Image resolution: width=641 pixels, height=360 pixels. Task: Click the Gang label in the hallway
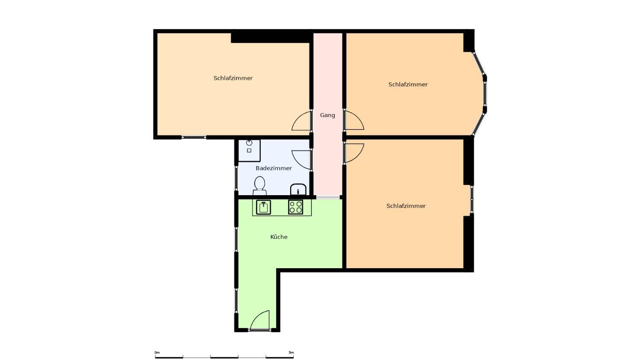tap(327, 115)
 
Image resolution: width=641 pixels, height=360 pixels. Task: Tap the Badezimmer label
tap(273, 168)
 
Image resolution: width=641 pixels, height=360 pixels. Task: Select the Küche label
tap(279, 237)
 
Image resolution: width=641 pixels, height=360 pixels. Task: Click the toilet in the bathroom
tap(259, 186)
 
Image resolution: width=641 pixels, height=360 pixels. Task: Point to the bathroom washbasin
tap(298, 190)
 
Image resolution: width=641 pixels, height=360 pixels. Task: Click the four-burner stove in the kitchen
tap(296, 207)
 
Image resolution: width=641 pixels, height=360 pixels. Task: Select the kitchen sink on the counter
tap(263, 207)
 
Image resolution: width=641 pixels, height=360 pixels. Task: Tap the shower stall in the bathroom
tap(249, 150)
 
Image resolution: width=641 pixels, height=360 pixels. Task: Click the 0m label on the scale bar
tap(157, 352)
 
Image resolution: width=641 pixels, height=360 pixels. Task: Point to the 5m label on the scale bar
tap(291, 352)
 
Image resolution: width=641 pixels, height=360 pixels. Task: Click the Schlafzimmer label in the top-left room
tap(233, 78)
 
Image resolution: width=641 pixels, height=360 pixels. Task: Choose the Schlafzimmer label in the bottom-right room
tap(406, 206)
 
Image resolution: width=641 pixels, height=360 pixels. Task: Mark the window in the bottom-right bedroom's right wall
tap(472, 199)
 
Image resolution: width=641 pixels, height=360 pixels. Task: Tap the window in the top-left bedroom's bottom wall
tap(194, 138)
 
